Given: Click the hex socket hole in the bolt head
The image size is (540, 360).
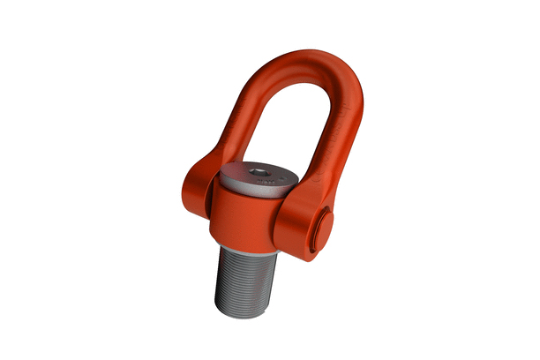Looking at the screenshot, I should pos(259,171).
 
